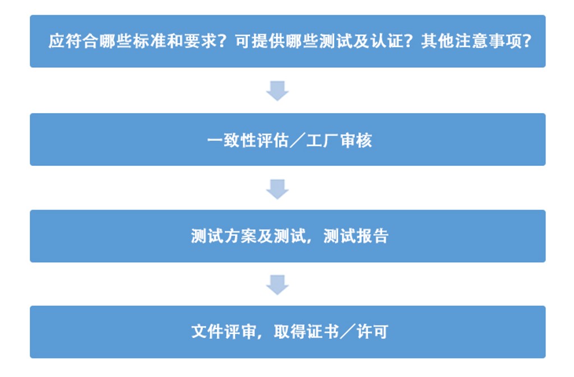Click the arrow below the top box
coord(277,91)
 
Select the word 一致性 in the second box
coord(232,141)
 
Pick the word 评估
coord(273,141)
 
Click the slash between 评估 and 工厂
coord(298,141)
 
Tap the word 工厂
coord(322,141)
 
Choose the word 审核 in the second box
coord(356,141)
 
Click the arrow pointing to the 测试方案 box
coord(277,189)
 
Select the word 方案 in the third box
coord(240,236)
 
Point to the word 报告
coord(372,236)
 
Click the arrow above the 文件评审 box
coord(277,285)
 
